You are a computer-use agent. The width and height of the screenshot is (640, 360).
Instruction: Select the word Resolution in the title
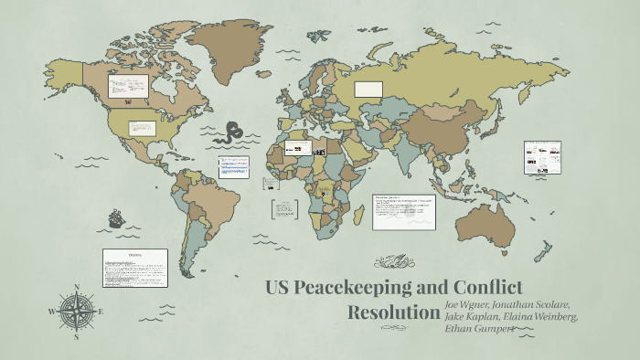(394, 312)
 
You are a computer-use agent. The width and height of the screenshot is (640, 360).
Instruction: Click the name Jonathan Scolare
(536, 303)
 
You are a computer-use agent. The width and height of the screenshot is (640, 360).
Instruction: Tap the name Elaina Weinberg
(541, 316)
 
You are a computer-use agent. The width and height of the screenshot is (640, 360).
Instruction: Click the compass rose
(77, 312)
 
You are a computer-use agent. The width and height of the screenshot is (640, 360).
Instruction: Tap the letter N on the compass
(77, 288)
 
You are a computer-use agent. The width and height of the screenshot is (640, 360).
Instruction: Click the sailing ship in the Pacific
(116, 219)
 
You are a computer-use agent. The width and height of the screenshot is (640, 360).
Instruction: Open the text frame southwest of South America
(134, 268)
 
